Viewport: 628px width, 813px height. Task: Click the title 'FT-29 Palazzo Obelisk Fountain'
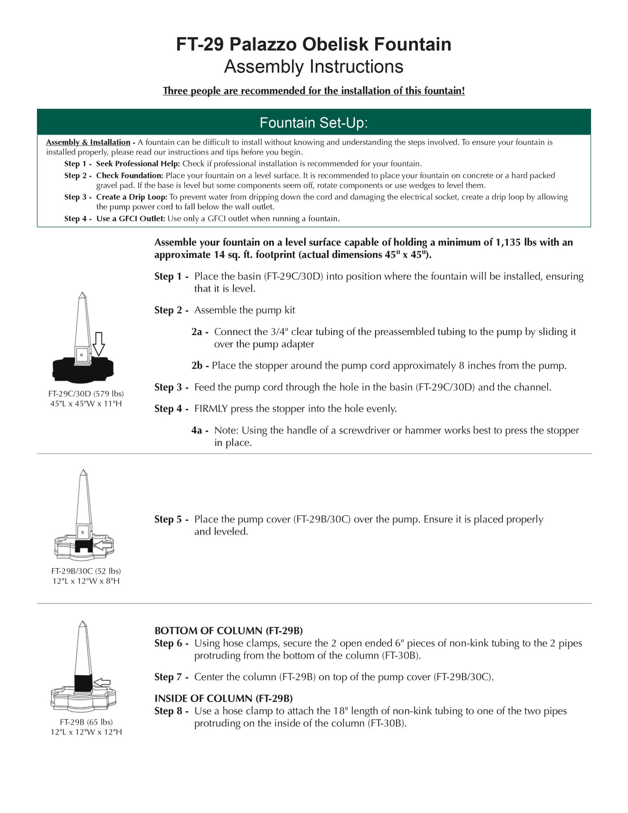pyautogui.click(x=313, y=44)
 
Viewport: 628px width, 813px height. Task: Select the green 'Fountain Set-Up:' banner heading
pyautogui.click(x=313, y=122)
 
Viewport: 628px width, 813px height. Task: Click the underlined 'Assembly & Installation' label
pyautogui.click(x=88, y=142)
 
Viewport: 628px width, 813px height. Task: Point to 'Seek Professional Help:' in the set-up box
pyautogui.click(x=138, y=164)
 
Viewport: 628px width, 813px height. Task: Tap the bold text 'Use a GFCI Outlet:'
pyautogui.click(x=130, y=219)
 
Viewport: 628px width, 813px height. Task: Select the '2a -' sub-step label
pyautogui.click(x=200, y=332)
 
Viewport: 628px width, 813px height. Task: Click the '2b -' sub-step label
pyautogui.click(x=200, y=366)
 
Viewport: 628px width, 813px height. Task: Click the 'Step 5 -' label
pyautogui.click(x=171, y=519)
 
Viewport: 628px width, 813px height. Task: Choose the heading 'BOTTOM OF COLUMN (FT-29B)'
pyautogui.click(x=228, y=631)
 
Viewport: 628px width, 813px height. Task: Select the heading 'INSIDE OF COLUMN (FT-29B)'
pyautogui.click(x=223, y=698)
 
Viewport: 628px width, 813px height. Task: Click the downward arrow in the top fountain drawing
pyautogui.click(x=98, y=344)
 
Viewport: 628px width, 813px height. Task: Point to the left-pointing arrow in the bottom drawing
pyautogui.click(x=102, y=682)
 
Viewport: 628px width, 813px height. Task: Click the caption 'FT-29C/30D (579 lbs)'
pyautogui.click(x=86, y=394)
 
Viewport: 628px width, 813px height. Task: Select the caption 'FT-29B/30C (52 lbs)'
pyautogui.click(x=86, y=571)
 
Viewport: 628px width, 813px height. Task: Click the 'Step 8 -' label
pyautogui.click(x=171, y=711)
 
